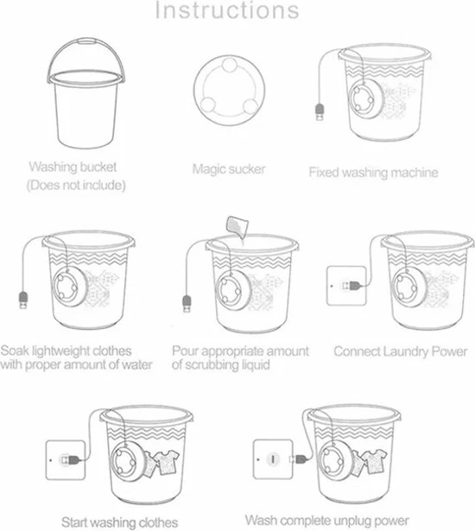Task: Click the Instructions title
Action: [x=227, y=10]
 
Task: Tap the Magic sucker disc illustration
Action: [x=230, y=91]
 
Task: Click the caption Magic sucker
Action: [x=229, y=169]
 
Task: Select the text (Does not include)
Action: [x=76, y=186]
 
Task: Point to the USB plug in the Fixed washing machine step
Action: [x=320, y=111]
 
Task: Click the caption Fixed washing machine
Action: [x=373, y=173]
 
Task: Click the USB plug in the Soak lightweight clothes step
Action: [x=23, y=300]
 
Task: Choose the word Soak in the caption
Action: [x=15, y=351]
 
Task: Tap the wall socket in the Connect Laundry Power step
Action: [x=346, y=286]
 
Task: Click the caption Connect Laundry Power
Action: [x=401, y=351]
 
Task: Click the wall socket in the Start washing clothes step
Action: [x=66, y=459]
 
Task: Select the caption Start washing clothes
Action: [x=119, y=522]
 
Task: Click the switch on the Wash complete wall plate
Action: [x=273, y=459]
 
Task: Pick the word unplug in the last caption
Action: [x=353, y=521]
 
